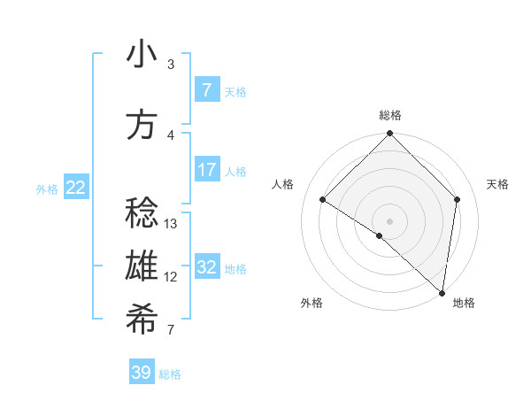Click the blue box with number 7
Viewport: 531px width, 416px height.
pos(206,90)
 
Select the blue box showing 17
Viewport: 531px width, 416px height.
pos(206,170)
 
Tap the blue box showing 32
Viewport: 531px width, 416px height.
pos(206,267)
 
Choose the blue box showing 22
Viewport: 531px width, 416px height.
pos(76,188)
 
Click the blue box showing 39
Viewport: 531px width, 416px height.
pos(142,373)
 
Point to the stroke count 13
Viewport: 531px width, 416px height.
pos(172,224)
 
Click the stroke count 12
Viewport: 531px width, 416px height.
pos(172,277)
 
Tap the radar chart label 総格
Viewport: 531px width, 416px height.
pos(390,115)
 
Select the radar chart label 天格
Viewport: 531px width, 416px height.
pos(498,184)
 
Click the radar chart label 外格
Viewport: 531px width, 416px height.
pos(312,304)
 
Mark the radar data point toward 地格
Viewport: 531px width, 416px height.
pos(442,292)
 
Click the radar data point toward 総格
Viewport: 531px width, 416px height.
pos(389,134)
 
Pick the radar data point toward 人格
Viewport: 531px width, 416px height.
pos(323,200)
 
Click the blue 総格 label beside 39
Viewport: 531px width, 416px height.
pos(171,374)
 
